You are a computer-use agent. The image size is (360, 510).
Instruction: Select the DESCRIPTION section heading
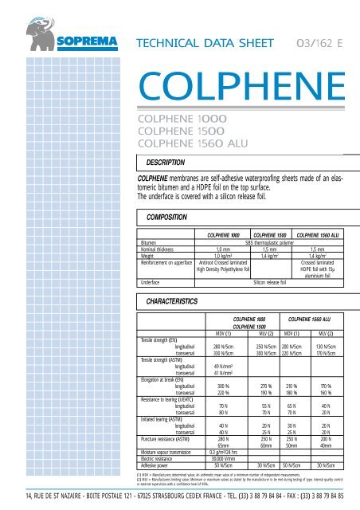point(159,163)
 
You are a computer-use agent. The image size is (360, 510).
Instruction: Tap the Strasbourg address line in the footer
point(179,499)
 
